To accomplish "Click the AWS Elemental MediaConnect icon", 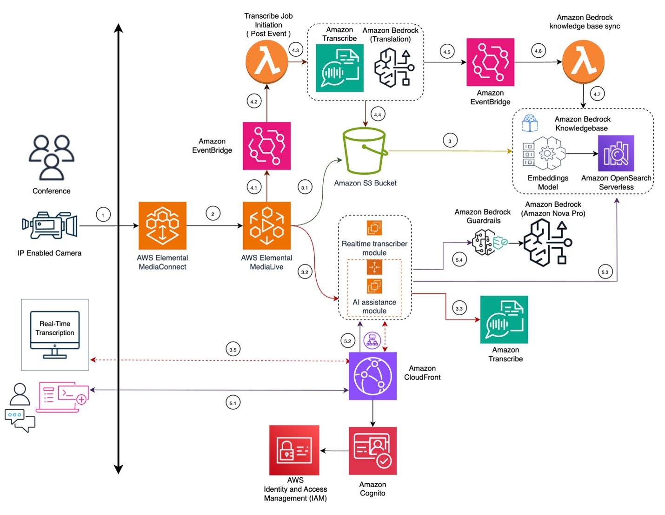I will tap(162, 225).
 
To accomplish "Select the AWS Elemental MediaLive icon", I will tap(266, 225).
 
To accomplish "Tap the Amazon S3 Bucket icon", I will tap(365, 151).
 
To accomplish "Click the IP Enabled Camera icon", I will tap(50, 225).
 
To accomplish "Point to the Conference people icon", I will tap(51, 157).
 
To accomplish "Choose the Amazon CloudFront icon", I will tap(372, 376).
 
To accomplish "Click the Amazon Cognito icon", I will tap(372, 451).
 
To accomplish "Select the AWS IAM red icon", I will tap(294, 450).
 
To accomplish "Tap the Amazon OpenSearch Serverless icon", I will tap(616, 153).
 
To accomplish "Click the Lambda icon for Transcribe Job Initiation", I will tap(266, 62).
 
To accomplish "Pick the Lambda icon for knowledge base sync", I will tap(583, 62).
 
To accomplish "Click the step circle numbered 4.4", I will tap(378, 115).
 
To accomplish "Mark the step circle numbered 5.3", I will tap(605, 272).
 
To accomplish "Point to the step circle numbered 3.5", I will tap(233, 349).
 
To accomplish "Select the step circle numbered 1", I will tap(103, 215).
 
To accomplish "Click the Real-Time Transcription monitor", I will tap(55, 334).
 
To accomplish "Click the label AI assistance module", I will tap(374, 306).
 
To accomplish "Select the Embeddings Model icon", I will tap(544, 153).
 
